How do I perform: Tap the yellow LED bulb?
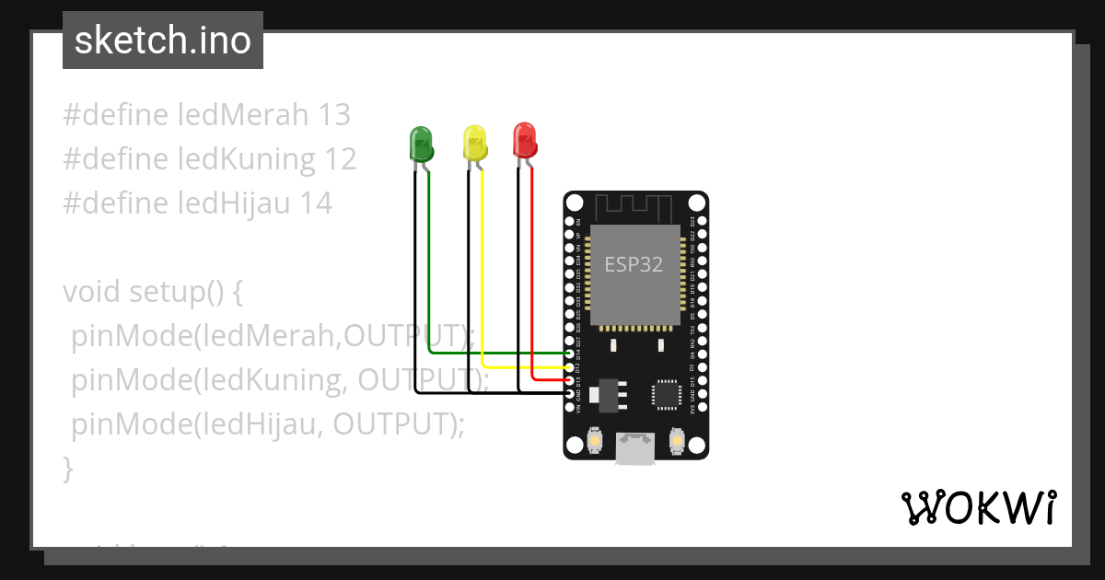coord(474,143)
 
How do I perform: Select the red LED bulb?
coord(524,139)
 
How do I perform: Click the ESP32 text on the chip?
coord(634,265)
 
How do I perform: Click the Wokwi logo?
coord(978,507)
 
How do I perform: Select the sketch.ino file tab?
coord(163,41)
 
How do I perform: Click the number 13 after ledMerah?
coord(334,115)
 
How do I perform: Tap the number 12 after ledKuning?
coord(340,159)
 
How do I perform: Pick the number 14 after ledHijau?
coord(316,203)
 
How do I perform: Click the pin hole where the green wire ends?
coord(568,354)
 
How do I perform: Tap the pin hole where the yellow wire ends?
coord(568,366)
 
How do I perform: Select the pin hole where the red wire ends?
coord(568,379)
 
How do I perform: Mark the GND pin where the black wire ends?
coord(568,393)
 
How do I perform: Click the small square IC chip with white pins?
coord(665,394)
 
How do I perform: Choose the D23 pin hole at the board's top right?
coord(703,221)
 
